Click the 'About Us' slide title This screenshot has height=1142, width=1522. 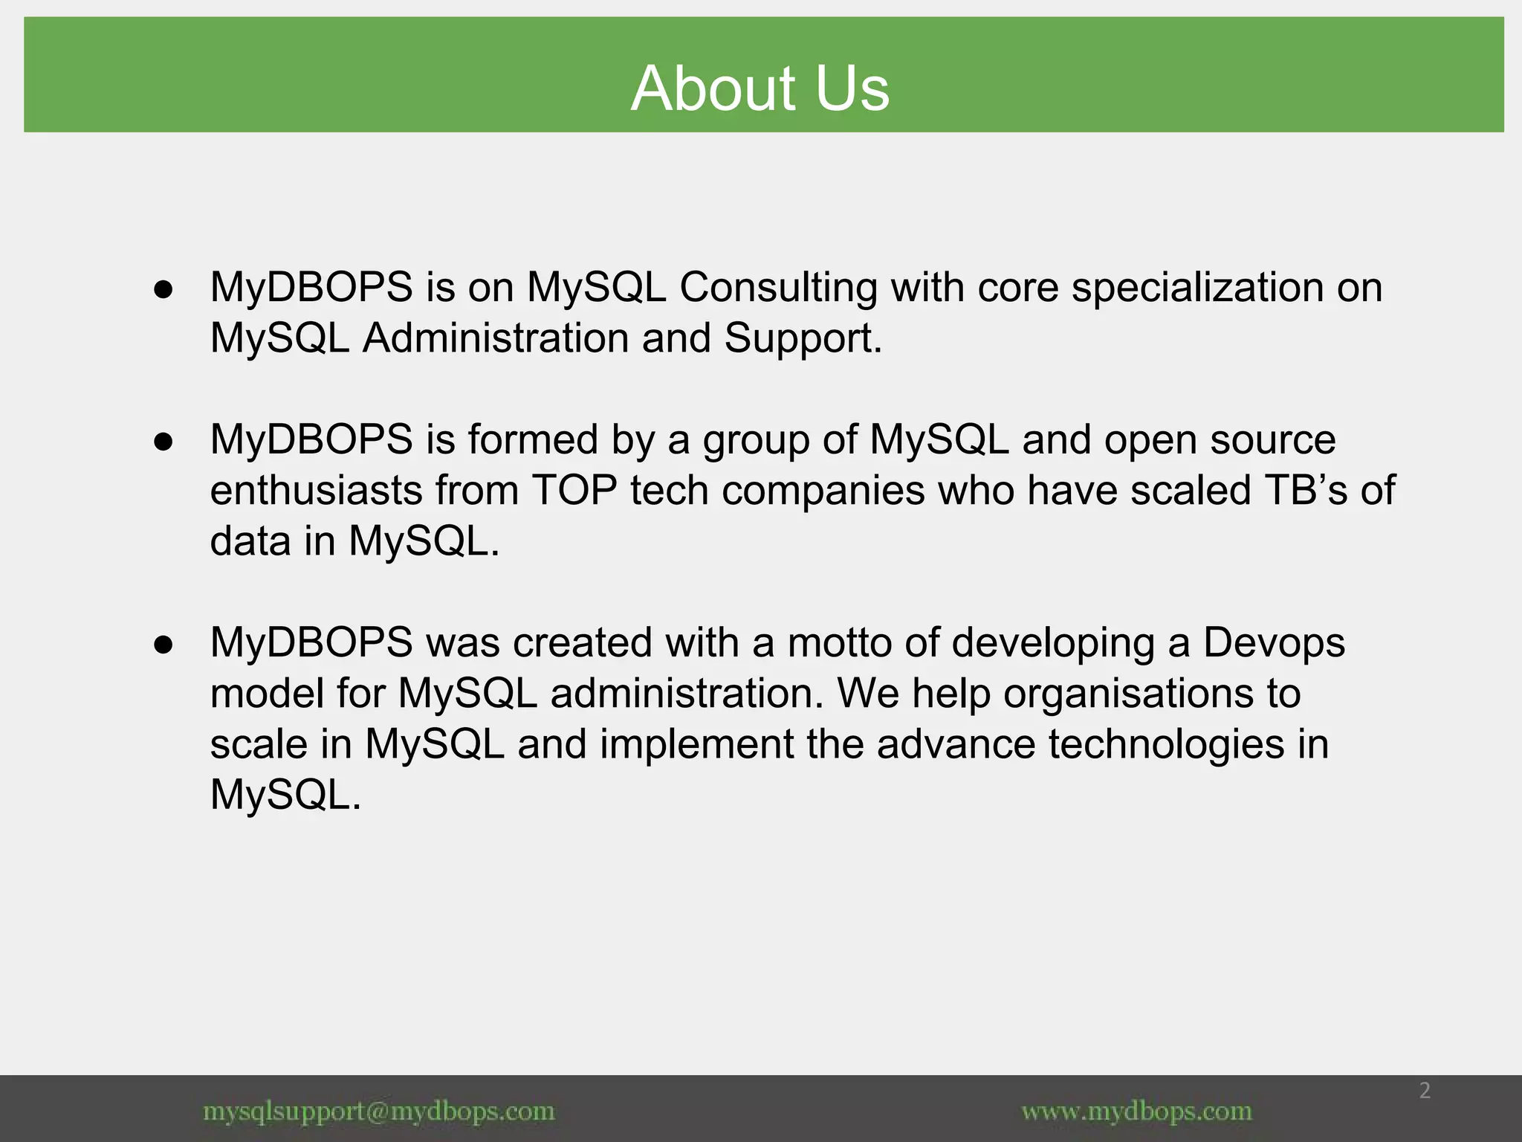click(x=760, y=88)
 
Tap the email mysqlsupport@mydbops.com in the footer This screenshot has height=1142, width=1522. click(x=379, y=1112)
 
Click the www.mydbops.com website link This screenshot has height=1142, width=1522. click(x=1136, y=1112)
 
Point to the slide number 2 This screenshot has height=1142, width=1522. click(x=1425, y=1091)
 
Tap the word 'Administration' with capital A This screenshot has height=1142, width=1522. click(x=496, y=338)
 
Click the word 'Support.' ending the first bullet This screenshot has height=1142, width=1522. click(x=803, y=338)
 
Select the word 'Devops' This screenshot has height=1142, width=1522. click(x=1274, y=642)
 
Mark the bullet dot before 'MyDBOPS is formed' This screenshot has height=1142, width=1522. click(x=163, y=441)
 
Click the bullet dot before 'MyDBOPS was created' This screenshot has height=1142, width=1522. click(x=163, y=644)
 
